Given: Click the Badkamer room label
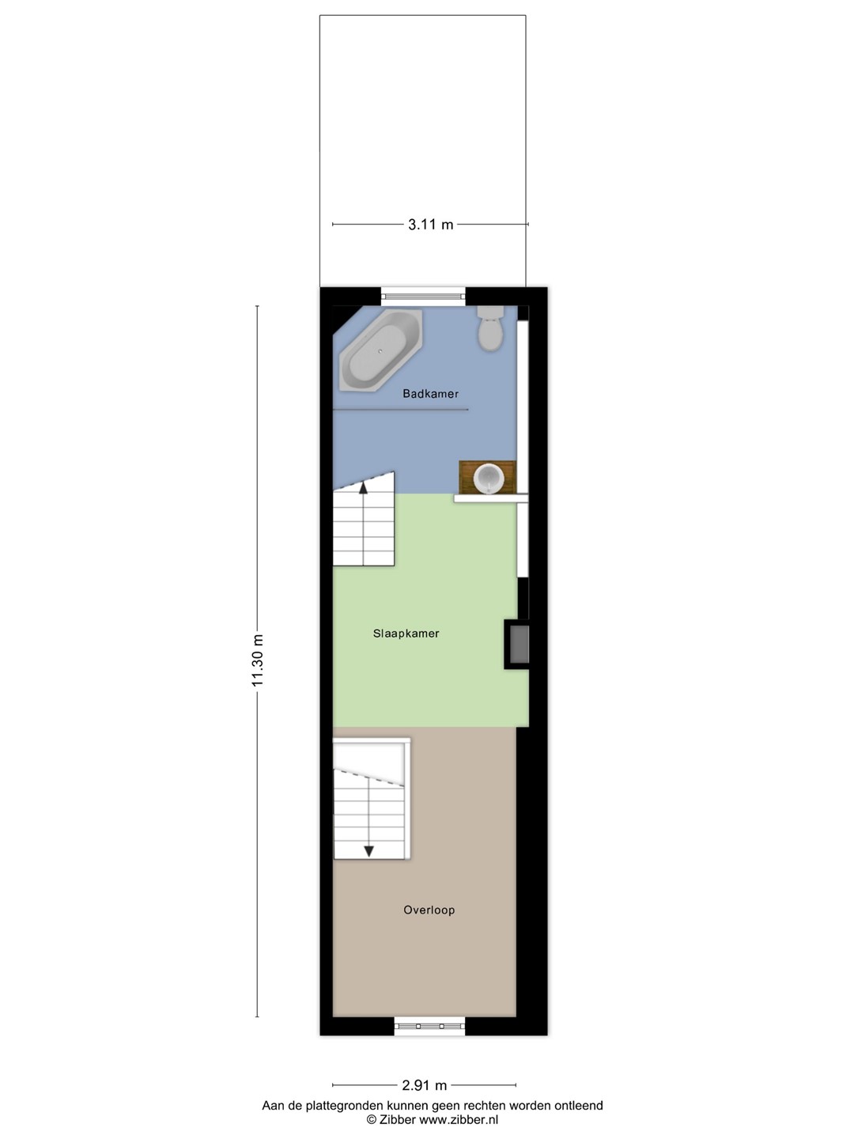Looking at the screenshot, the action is click(430, 394).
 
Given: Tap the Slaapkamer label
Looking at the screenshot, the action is click(406, 633).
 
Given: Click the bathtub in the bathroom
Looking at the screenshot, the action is click(380, 351).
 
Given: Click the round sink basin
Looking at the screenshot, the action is click(489, 479).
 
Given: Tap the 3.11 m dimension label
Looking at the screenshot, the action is click(430, 225).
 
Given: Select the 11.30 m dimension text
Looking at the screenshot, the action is click(258, 660).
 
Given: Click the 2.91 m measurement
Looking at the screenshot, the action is click(424, 1085).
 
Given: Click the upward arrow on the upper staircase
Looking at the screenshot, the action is click(363, 486).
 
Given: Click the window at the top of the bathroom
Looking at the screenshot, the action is click(423, 297).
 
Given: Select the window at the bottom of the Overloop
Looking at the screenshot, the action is click(429, 1026).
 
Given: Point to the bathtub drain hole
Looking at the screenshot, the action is click(380, 351).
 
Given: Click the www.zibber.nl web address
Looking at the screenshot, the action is click(459, 1120).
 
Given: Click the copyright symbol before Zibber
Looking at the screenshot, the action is click(372, 1120).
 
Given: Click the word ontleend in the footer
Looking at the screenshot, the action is click(579, 1106).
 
